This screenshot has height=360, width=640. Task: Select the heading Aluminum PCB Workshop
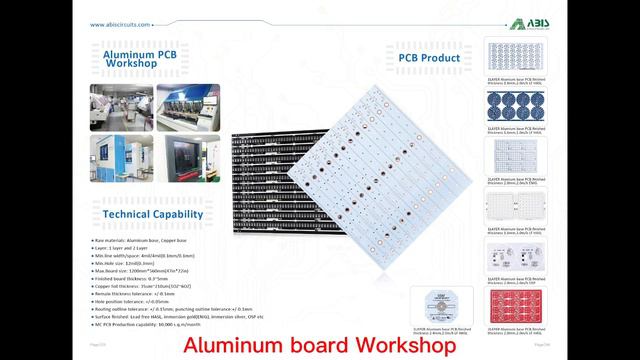click(139, 56)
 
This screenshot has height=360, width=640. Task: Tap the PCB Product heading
click(429, 58)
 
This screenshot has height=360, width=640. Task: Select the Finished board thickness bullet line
click(140, 278)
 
